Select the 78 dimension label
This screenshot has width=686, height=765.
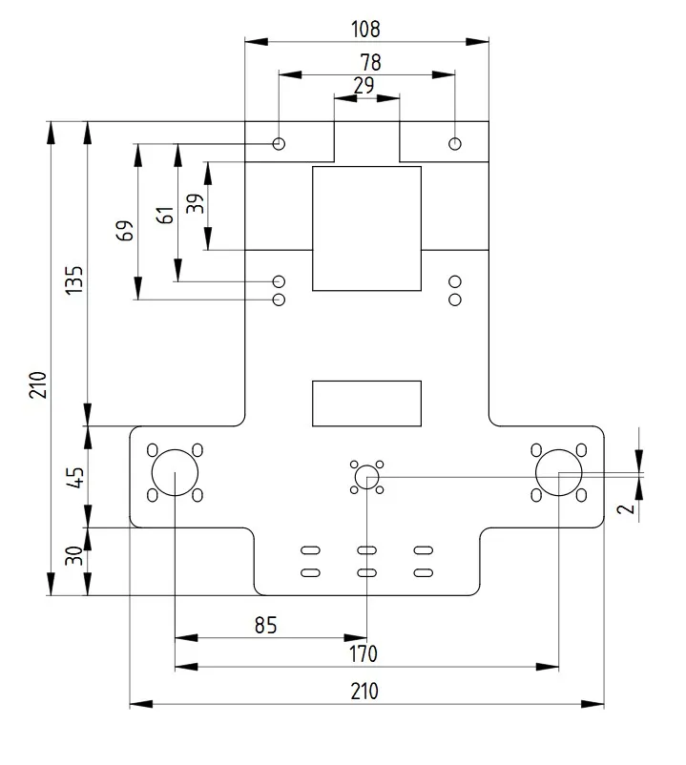[370, 63]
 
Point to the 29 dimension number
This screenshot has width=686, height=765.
[364, 85]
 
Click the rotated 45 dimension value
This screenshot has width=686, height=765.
[76, 474]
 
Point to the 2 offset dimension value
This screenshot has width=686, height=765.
[625, 507]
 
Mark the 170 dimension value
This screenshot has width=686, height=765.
[363, 654]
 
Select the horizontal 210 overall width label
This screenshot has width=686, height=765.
[364, 692]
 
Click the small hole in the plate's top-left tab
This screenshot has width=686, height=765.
[279, 143]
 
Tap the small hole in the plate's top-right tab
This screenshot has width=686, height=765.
[455, 143]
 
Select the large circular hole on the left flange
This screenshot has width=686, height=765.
[175, 473]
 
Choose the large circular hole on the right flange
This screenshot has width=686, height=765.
[558, 473]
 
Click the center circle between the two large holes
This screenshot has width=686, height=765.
[366, 476]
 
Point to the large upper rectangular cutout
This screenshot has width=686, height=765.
[366, 228]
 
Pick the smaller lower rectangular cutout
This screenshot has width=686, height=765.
[366, 403]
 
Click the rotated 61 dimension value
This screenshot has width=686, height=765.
[166, 215]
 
